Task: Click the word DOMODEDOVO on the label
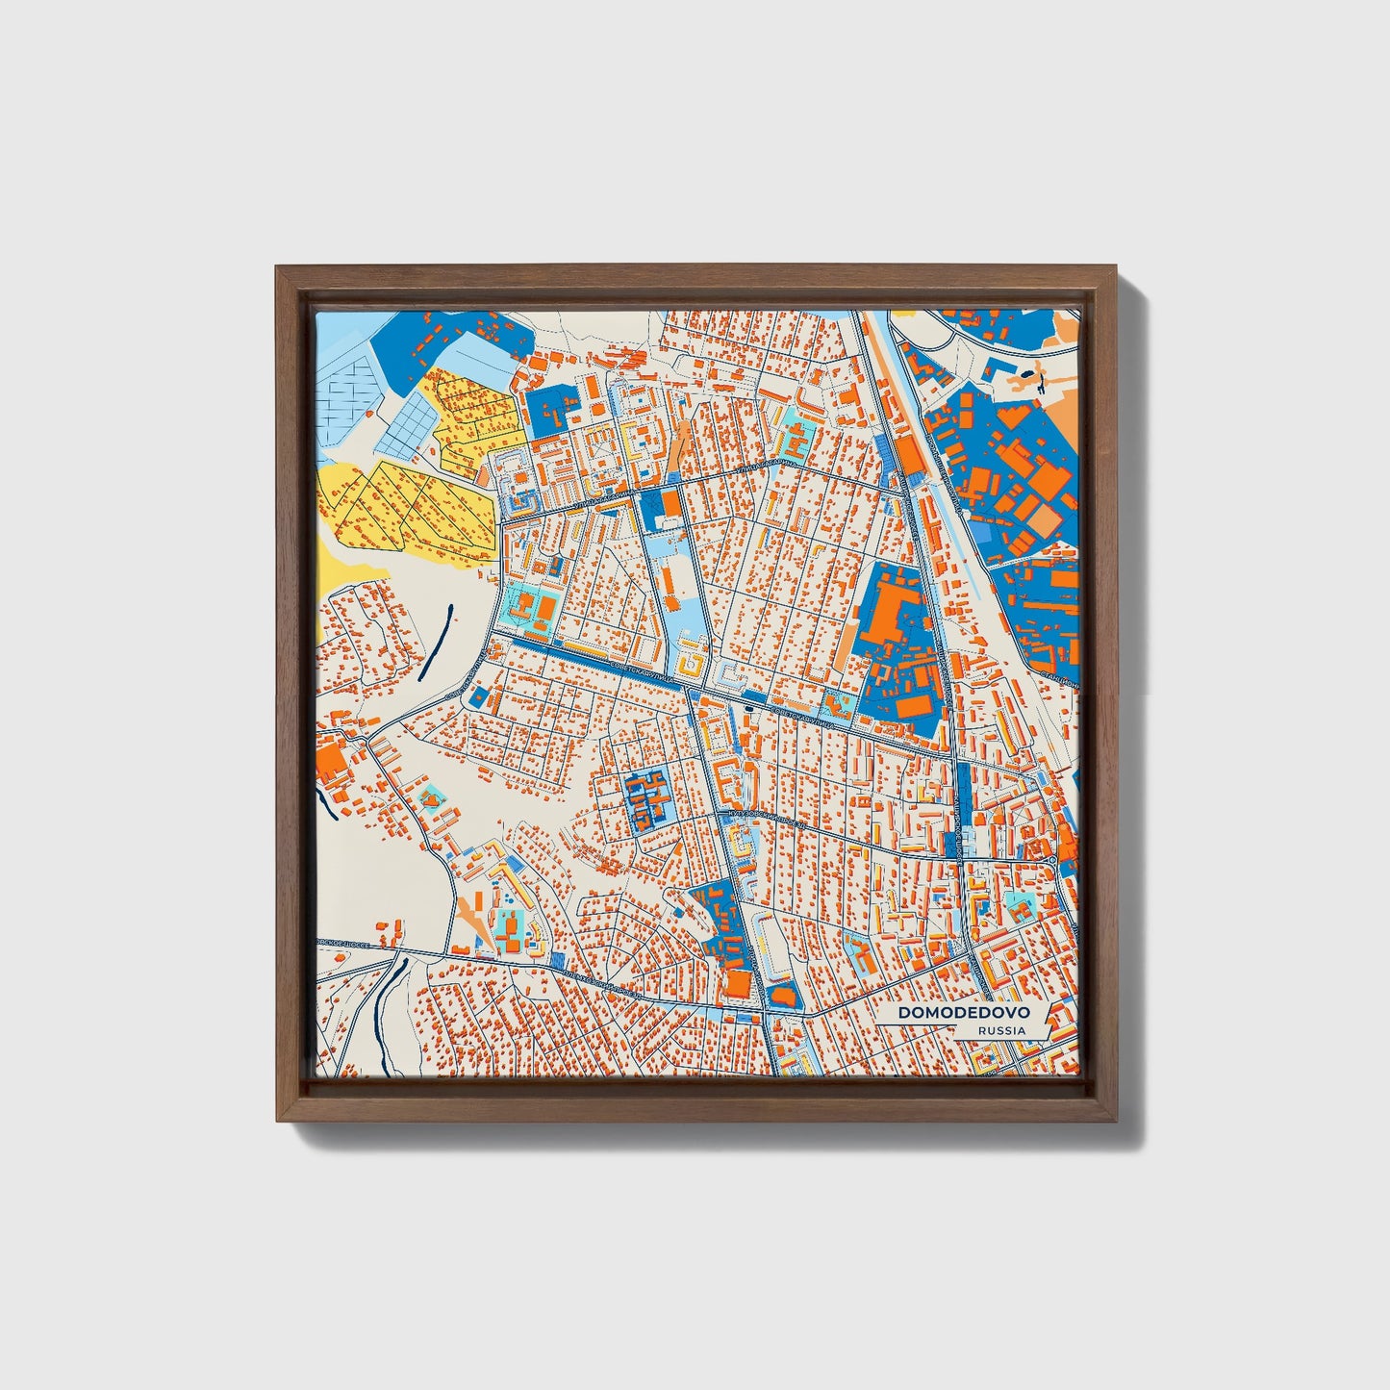(x=963, y=1013)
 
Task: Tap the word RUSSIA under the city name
(x=1000, y=1030)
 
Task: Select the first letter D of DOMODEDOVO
(x=904, y=1013)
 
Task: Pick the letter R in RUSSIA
(x=979, y=1030)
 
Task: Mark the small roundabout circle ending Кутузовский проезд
(x=1052, y=859)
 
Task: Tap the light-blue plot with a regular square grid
(x=408, y=425)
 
